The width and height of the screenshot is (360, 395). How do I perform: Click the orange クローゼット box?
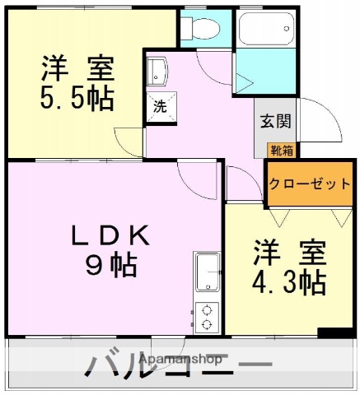click(x=306, y=184)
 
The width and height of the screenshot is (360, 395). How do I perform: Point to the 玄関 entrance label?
click(x=274, y=122)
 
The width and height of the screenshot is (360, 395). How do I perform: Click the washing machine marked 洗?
click(x=160, y=106)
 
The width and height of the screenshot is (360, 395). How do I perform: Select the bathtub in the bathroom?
click(x=264, y=32)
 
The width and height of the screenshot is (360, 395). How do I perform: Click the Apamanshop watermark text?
click(x=180, y=360)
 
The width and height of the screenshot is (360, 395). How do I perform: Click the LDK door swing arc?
click(x=196, y=174)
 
